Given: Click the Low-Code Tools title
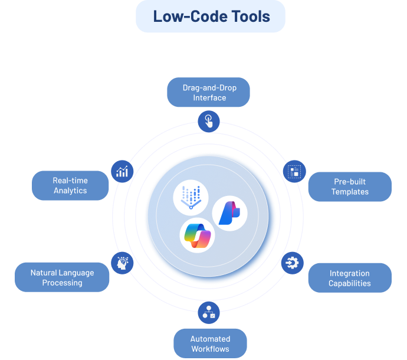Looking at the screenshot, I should pos(211,17).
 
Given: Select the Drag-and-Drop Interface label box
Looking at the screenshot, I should pos(209,93).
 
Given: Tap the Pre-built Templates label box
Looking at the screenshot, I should pos(350,187).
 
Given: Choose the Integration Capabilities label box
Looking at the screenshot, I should pos(350,278).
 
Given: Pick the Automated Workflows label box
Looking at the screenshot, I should pos(210,343).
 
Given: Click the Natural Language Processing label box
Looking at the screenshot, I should pos(62,278).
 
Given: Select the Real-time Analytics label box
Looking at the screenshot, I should pos(70,186).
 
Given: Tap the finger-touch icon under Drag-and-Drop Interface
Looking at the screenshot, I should pos(208,122).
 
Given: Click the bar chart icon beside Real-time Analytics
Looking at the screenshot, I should pos(123,172).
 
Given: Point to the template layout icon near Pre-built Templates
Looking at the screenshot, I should pos(293,172).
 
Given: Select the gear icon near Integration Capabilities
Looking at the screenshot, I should pos(291,262).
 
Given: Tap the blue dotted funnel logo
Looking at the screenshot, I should pos(191,197).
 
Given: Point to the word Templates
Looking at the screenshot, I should pos(350,192).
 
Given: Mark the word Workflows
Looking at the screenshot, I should pos(210,349).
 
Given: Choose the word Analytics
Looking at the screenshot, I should pos(70,191).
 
